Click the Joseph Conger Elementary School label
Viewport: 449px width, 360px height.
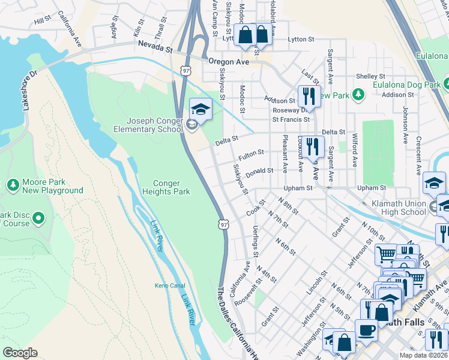[149, 125]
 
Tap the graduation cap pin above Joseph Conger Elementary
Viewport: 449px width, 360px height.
[201, 109]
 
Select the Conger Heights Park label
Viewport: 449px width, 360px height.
[166, 187]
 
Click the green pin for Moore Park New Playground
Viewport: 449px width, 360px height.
[13, 182]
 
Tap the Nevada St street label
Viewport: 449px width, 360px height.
[155, 45]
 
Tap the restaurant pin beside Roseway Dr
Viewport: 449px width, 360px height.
[309, 95]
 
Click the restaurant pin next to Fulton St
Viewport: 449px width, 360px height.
[313, 146]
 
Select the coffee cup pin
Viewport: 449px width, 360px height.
[366, 330]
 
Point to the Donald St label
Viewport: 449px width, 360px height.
[259, 170]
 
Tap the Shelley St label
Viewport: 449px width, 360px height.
[370, 76]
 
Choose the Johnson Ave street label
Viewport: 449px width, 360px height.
[406, 120]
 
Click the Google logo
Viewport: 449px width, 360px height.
[20, 353]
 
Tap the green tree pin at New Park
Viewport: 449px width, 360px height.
[358, 95]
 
